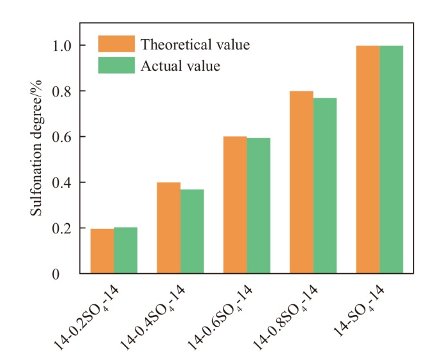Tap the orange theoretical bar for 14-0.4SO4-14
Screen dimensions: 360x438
pyautogui.click(x=168, y=228)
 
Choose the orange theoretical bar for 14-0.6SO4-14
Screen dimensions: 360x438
pyautogui.click(x=234, y=205)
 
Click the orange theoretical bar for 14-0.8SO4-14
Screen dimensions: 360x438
pyautogui.click(x=301, y=183)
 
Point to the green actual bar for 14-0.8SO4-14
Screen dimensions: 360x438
pyautogui.click(x=325, y=186)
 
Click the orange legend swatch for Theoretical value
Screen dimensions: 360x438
pyautogui.click(x=116, y=44)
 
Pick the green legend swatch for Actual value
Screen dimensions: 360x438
pyautogui.click(x=116, y=65)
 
